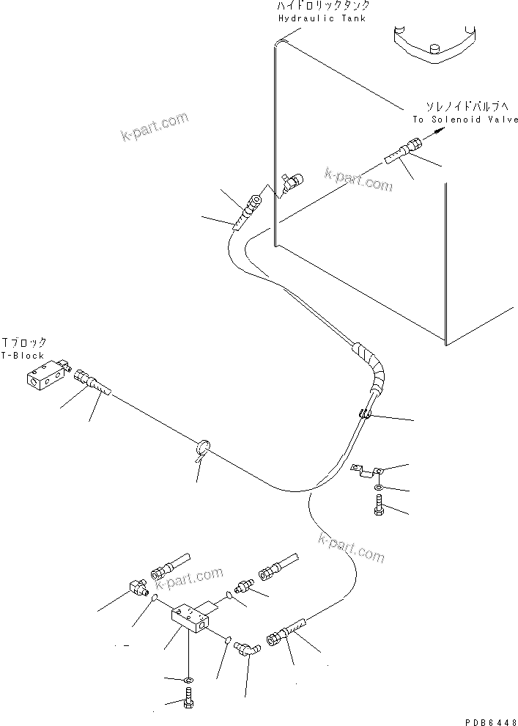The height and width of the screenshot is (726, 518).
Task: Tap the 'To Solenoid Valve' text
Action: pyautogui.click(x=465, y=120)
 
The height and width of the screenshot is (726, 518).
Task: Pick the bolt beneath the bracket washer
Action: pyautogui.click(x=377, y=505)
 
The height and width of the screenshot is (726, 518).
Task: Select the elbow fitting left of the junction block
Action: pyautogui.click(x=135, y=586)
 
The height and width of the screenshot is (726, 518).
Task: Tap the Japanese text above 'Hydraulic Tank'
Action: pyautogui.click(x=322, y=6)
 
